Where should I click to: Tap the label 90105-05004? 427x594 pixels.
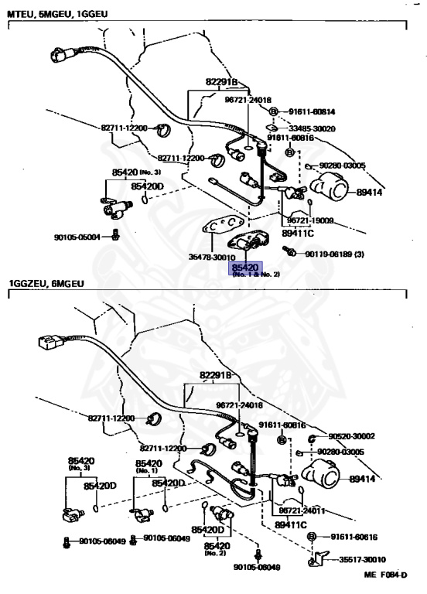[x=77, y=237]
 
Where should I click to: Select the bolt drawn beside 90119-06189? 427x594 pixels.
[x=290, y=252]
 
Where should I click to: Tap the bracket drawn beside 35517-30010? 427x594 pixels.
[x=318, y=557]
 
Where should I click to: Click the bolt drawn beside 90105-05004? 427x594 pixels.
[x=115, y=234]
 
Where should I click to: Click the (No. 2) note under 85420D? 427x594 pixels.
[x=214, y=553]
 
